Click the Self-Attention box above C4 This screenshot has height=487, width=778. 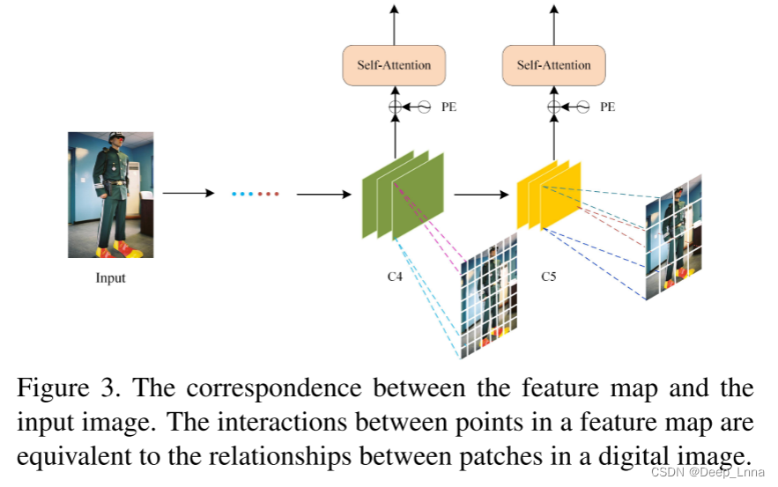[394, 65]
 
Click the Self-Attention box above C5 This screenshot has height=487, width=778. [553, 65]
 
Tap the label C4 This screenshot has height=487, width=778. [396, 277]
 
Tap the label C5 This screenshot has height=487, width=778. [549, 277]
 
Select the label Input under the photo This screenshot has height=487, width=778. [110, 278]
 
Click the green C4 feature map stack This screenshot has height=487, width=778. [403, 195]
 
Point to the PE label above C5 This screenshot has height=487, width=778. [608, 107]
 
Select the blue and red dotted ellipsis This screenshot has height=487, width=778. [255, 193]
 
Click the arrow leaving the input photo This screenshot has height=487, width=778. [188, 193]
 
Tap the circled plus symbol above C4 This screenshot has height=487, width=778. [395, 107]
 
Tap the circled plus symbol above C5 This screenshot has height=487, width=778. [553, 107]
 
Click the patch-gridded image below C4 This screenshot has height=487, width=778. [487, 295]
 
